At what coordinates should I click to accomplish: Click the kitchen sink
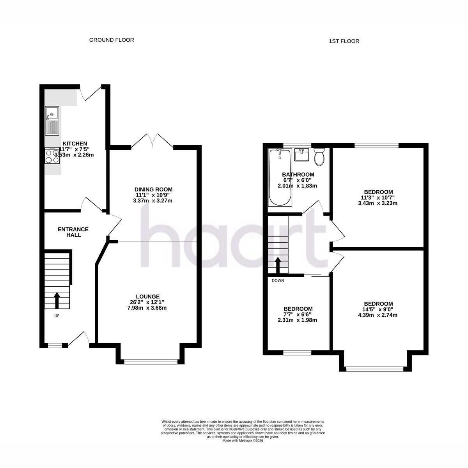52,121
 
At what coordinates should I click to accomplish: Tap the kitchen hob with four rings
52,156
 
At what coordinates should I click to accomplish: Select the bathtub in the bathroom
280,177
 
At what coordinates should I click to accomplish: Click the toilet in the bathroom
319,157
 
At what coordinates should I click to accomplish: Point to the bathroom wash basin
301,155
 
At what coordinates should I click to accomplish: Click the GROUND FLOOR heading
112,40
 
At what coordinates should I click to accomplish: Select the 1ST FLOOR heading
344,41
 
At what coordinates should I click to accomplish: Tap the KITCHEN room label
75,144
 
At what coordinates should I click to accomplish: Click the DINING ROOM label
154,190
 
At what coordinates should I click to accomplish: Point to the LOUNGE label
148,296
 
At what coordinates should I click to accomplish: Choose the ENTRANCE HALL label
73,232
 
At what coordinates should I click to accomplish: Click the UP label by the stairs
57,316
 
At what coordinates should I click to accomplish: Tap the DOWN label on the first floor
278,281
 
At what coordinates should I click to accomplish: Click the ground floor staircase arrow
57,300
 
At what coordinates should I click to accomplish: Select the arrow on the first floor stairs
278,266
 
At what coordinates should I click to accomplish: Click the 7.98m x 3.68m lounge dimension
147,308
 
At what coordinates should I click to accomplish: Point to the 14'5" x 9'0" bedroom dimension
378,309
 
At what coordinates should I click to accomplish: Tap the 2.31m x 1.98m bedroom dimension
297,320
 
